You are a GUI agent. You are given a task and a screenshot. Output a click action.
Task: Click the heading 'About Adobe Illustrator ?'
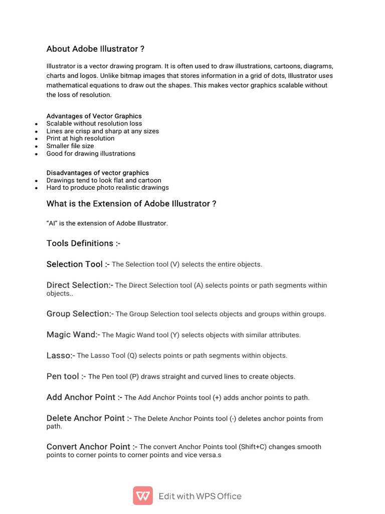pos(95,49)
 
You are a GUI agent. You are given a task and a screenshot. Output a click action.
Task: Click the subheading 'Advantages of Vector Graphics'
pos(94,116)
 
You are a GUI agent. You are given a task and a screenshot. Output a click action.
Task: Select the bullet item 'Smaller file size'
pos(70,146)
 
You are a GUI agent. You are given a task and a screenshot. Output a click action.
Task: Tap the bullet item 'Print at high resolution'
pos(80,139)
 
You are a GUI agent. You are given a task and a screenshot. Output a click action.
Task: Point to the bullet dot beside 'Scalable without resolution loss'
pos(36,124)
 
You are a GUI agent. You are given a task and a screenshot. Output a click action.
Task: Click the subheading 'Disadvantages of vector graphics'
pos(97,173)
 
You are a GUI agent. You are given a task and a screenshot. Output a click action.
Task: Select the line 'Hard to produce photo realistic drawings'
pos(107,188)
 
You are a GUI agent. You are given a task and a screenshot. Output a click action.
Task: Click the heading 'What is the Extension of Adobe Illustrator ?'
pos(131,204)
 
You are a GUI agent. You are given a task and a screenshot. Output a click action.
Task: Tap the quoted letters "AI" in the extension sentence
pos(52,223)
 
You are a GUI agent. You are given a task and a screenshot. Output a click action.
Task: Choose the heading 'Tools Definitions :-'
pos(83,243)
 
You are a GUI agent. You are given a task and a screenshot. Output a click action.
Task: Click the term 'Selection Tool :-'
pos(78,264)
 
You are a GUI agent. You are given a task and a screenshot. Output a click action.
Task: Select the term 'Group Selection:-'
pos(80,314)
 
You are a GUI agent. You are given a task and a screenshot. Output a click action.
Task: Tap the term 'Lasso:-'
pos(61,355)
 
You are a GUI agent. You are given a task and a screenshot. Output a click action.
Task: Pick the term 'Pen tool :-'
pos(66,376)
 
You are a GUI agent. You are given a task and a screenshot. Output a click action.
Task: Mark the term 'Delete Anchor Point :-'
pos(89,418)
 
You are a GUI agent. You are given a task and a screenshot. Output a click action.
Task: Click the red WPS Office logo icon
pos(143,496)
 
